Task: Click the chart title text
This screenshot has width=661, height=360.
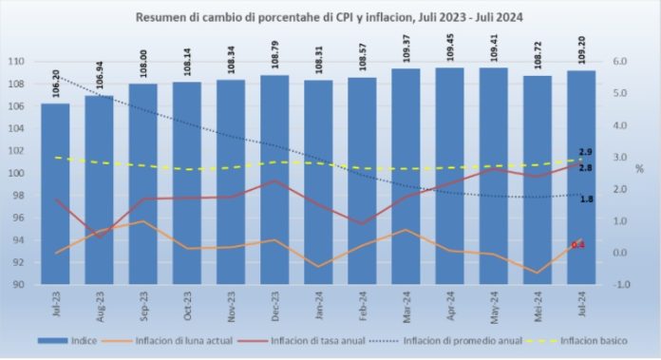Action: click(330, 17)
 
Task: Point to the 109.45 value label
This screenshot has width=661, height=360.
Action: click(449, 49)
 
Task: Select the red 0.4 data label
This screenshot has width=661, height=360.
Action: click(576, 245)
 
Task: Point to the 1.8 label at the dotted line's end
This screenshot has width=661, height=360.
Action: click(586, 199)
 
